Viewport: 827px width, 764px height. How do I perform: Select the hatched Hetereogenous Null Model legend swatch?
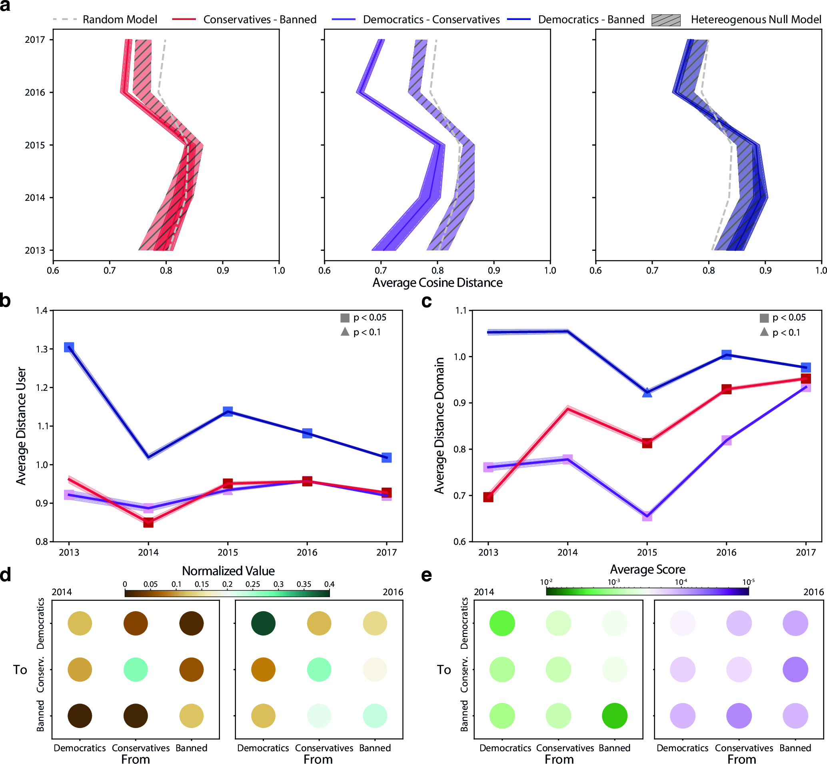point(665,20)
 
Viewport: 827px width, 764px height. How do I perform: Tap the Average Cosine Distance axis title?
point(437,283)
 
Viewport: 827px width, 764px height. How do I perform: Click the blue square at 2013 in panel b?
point(69,347)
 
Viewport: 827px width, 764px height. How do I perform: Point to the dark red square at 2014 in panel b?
point(148,522)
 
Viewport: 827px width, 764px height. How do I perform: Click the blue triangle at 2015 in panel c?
point(647,392)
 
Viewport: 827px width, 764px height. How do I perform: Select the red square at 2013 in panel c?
point(488,497)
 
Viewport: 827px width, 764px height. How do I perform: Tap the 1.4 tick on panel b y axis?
point(41,310)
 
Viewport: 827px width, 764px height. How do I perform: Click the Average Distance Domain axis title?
point(439,426)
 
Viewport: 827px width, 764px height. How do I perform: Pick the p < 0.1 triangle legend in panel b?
point(345,332)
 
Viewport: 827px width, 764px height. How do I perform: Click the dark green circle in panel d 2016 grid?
point(263,623)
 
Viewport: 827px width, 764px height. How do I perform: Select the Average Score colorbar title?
point(647,570)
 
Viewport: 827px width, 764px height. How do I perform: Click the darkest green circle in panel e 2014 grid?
point(615,716)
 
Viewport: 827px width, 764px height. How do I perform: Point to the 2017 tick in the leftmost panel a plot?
point(35,40)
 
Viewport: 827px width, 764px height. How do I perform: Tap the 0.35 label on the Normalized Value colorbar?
point(304,584)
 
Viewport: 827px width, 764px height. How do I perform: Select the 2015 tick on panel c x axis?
point(647,552)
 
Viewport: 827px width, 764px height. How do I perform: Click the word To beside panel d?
point(20,669)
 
